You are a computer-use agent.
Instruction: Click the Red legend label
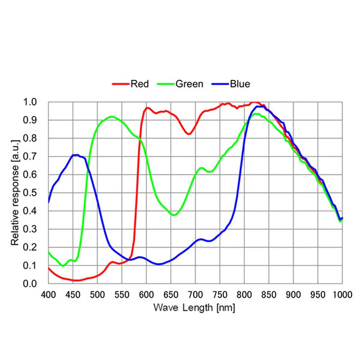(140, 84)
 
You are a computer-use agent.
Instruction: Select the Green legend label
(190, 84)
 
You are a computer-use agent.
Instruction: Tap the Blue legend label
(240, 84)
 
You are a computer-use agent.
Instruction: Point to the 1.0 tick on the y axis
(30, 102)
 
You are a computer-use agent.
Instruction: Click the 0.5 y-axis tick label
(30, 193)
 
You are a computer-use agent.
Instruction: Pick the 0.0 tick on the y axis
(30, 284)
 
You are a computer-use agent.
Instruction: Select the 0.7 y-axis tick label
(30, 157)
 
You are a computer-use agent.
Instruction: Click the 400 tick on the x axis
(49, 295)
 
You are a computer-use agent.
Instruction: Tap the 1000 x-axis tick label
(343, 295)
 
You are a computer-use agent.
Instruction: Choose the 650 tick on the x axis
(171, 295)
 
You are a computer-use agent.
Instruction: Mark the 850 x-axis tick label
(269, 295)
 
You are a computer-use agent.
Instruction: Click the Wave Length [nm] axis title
(194, 308)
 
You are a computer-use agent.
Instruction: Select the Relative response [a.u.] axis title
(15, 193)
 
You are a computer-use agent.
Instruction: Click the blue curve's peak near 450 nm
(76, 155)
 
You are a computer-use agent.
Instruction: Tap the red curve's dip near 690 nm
(189, 134)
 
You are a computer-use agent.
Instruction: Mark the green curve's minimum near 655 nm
(174, 215)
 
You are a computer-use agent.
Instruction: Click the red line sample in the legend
(121, 84)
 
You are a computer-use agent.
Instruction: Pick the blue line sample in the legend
(220, 84)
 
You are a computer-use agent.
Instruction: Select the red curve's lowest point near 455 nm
(76, 280)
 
